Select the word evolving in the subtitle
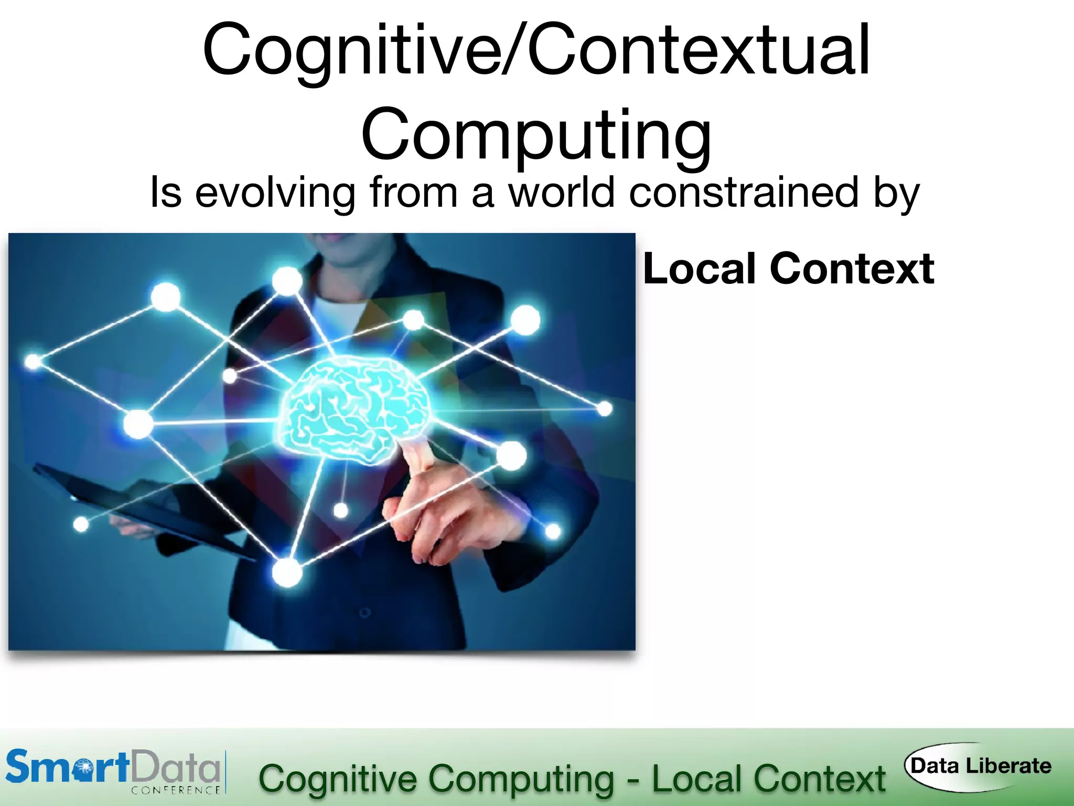275,193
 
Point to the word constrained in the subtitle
743,193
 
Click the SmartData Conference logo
113,771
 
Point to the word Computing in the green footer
522,779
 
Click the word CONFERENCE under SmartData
176,790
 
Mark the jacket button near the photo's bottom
365,612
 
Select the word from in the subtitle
414,193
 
